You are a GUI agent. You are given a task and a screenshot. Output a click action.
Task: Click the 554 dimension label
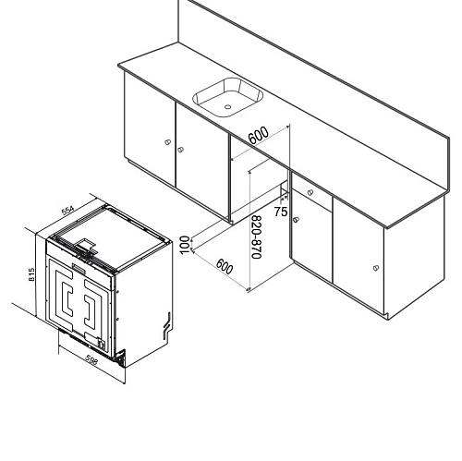click(x=67, y=211)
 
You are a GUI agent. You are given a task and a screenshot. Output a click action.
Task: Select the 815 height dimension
click(x=32, y=274)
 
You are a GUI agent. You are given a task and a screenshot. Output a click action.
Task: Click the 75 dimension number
click(x=281, y=212)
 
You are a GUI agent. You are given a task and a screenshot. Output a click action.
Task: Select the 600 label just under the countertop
click(x=258, y=135)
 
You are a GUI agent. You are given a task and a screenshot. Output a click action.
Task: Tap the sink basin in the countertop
click(x=225, y=95)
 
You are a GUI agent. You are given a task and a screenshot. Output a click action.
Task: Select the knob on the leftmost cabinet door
click(x=166, y=142)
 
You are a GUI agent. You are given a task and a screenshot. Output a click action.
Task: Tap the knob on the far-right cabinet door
click(x=376, y=268)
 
